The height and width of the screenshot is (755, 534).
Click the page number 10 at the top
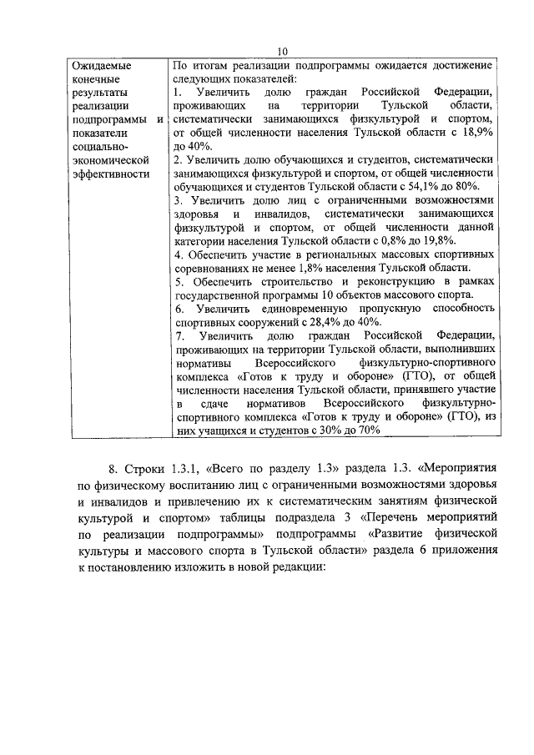(x=283, y=51)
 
